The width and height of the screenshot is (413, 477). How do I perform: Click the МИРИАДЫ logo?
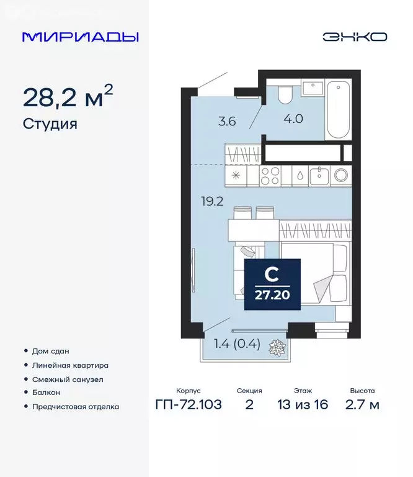pos(80,37)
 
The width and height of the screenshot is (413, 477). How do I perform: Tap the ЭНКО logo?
pos(354,37)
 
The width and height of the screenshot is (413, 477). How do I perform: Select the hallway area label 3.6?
pos(227,122)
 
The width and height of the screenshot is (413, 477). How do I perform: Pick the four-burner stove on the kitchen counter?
pos(271,176)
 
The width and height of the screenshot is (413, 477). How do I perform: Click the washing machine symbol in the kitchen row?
pos(340,175)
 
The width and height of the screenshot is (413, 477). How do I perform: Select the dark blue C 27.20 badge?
pos(272,284)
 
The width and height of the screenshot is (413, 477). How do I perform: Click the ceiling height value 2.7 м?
pos(362,406)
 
